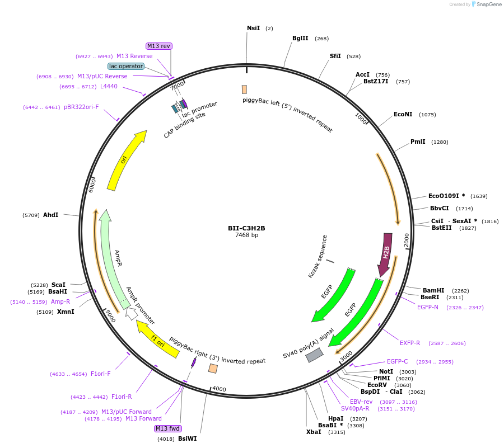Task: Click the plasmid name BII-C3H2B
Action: pyautogui.click(x=246, y=228)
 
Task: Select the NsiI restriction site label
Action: pyautogui.click(x=253, y=28)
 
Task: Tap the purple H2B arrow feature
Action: pyautogui.click(x=386, y=253)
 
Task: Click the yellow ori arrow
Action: pyautogui.click(x=125, y=159)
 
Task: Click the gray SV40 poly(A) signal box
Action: pyautogui.click(x=314, y=355)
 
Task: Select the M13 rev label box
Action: pyautogui.click(x=158, y=46)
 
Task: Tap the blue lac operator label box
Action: pyautogui.click(x=126, y=66)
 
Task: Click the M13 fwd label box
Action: pyautogui.click(x=167, y=428)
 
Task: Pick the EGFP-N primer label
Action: pyautogui.click(x=428, y=307)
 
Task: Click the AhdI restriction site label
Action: pyautogui.click(x=50, y=215)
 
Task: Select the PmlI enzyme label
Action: pyautogui.click(x=418, y=142)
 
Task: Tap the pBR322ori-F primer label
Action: pyautogui.click(x=81, y=107)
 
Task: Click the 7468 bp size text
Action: pyautogui.click(x=246, y=235)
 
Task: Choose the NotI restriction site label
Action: pyautogui.click(x=386, y=371)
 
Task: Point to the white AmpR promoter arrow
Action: pyautogui.click(x=132, y=314)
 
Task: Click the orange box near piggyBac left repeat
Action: pyautogui.click(x=244, y=89)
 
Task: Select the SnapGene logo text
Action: pyautogui.click(x=488, y=4)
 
